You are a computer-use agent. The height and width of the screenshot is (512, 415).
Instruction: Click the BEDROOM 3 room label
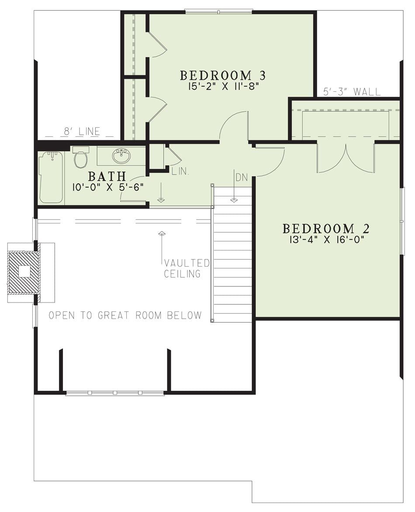tap(223, 76)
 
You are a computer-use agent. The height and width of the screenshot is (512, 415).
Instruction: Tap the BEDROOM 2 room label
tap(326, 229)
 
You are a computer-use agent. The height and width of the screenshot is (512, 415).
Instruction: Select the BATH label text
tap(107, 176)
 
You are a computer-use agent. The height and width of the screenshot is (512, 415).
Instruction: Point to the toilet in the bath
tap(80, 157)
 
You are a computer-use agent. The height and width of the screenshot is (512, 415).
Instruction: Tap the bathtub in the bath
tap(51, 178)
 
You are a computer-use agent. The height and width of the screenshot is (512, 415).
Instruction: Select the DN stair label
tap(242, 178)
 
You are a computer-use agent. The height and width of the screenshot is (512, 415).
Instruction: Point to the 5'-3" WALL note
tap(352, 92)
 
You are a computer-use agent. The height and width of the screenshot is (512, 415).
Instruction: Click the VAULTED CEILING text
tap(187, 268)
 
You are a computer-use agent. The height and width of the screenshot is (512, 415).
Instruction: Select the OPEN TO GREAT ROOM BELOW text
tap(125, 315)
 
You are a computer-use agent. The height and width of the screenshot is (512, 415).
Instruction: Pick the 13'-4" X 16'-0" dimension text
tap(326, 240)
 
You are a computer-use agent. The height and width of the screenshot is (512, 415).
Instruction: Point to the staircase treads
tap(232, 255)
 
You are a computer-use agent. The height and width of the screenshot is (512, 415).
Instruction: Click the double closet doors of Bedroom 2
tap(346, 158)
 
